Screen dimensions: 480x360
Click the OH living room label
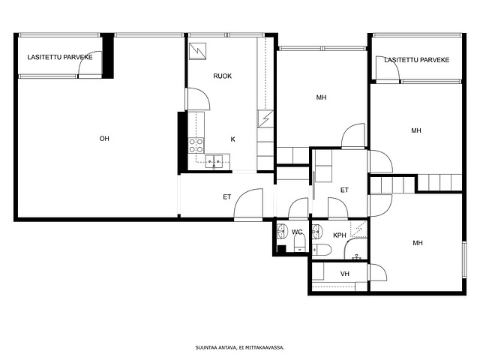[104, 139]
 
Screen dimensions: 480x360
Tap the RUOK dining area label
[223, 76]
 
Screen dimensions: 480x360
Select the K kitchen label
[233, 139]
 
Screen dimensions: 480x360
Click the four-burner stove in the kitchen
[196, 145]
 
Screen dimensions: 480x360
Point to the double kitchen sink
[214, 160]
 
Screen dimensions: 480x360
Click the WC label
[297, 232]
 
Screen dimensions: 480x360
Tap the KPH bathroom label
[340, 235]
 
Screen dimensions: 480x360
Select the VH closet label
[345, 274]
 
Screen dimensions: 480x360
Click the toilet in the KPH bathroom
[322, 250]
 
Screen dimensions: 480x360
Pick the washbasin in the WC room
[282, 231]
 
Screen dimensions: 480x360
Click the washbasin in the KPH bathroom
[317, 232]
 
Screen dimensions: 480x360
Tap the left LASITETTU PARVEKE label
[60, 57]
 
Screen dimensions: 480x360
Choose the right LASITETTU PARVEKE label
[417, 60]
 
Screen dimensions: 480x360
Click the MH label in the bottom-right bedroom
[418, 243]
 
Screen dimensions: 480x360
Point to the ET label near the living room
[226, 197]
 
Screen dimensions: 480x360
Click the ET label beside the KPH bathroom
[344, 190]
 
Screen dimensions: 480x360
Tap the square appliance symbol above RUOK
[197, 51]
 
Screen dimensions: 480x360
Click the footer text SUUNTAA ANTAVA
[216, 347]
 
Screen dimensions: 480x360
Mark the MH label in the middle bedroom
[321, 97]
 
